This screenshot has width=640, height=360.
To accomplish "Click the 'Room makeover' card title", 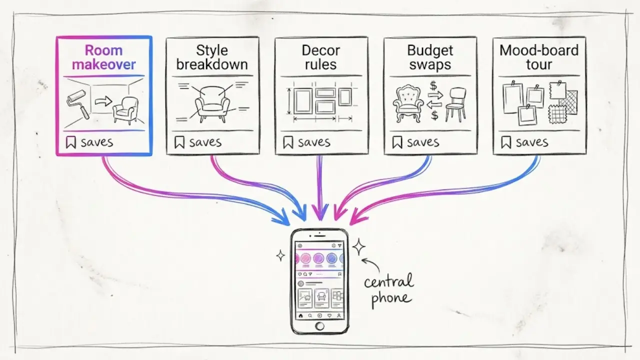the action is point(103,57).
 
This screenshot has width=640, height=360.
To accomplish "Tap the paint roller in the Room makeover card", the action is point(77,103).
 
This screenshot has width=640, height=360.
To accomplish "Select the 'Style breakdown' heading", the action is point(212,57).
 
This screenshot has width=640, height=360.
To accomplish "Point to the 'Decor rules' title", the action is point(321,57).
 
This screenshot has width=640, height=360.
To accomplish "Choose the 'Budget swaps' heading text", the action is point(430,57).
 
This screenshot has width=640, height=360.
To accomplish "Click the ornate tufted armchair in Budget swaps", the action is point(408,103).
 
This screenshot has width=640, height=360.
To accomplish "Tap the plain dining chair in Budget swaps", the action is point(456,104).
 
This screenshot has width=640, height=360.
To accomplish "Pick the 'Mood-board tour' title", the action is point(539,57).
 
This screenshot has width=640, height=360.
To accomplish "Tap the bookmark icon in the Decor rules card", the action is point(288,142).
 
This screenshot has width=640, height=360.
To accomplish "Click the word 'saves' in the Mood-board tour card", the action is point(532,142).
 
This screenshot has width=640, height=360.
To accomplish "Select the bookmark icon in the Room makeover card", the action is point(71,142).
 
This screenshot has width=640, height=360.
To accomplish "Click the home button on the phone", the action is point(319,326).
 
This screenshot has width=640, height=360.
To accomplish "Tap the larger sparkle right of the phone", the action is point(358,246).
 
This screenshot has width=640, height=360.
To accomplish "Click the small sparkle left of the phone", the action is point(280,255).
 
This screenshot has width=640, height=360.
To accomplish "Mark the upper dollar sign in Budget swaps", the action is point(433,85).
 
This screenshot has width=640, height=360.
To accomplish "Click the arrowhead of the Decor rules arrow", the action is point(320,213).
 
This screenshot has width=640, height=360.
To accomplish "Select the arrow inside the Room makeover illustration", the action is point(103,101).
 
